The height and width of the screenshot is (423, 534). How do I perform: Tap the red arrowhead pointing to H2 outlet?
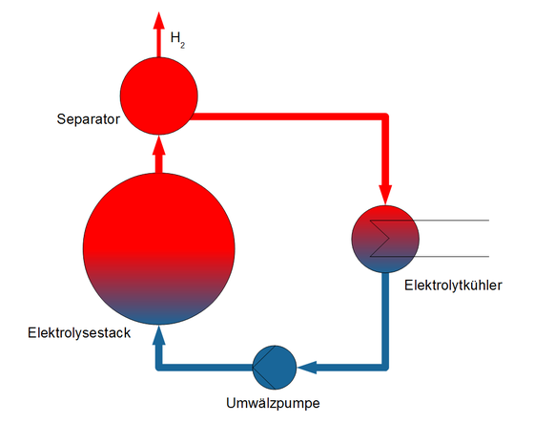coord(158,20)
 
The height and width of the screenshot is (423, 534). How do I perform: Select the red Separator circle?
coord(158,95)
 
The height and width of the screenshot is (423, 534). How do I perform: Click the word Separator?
coord(88,119)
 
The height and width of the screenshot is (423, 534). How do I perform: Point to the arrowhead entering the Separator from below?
coord(158,146)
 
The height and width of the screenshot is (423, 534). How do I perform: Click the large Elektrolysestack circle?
coord(158,248)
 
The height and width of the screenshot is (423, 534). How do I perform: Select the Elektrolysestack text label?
coord(79,332)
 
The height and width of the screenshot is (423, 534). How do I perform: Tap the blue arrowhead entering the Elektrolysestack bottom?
coord(158,334)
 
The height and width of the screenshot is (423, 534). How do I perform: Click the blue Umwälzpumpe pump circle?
coord(275,368)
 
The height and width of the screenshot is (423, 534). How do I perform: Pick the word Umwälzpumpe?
coord(273,403)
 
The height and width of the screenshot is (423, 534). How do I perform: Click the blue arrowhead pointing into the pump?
coord(307,368)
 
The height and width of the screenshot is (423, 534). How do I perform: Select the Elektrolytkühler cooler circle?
coord(385,239)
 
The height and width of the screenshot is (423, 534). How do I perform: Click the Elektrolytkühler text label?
coord(453,286)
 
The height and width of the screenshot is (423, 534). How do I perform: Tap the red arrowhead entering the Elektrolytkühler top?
coord(385,195)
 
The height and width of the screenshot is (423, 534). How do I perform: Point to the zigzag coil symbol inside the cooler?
coord(380,238)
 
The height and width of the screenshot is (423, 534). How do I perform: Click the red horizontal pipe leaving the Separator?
coord(290,116)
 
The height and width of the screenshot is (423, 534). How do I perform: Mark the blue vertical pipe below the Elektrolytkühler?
coord(385,321)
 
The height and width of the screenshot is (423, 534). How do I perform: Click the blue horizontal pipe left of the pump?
coord(204,368)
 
